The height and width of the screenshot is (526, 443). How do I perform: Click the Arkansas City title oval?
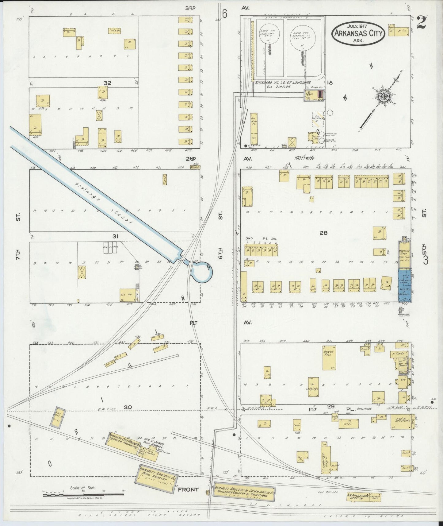(x=358, y=33)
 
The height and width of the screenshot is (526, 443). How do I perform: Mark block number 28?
(x=323, y=233)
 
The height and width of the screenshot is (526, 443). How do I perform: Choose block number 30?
(x=128, y=407)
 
